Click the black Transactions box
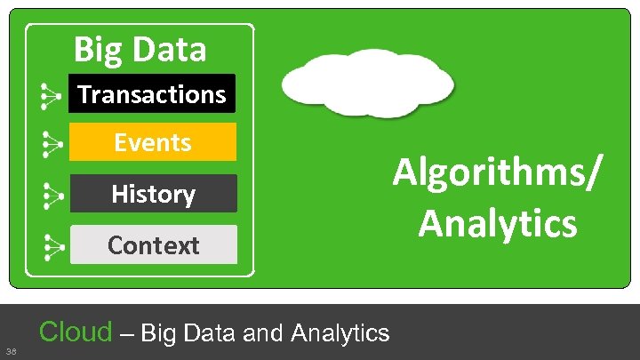coord(152,93)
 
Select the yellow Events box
coord(152,142)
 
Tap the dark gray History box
coord(153,193)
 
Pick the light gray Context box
coord(153,244)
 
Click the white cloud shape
coord(367,83)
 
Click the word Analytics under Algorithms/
coord(498,222)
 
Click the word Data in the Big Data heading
coord(175,49)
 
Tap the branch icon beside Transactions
coord(52,95)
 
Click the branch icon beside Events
coord(52,143)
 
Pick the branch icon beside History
coord(52,194)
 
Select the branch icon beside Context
coord(52,245)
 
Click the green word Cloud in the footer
coord(76,332)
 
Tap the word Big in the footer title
coord(156,333)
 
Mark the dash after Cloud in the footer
coord(126,334)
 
